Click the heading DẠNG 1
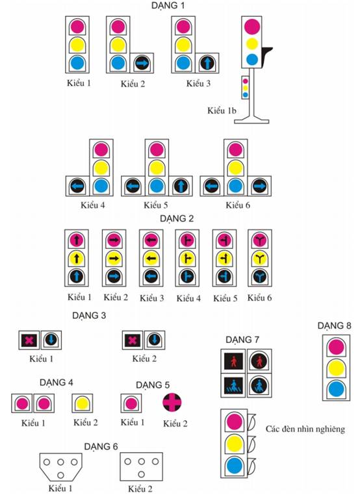(x=168, y=6)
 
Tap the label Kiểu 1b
(x=222, y=110)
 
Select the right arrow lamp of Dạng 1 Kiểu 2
(x=142, y=63)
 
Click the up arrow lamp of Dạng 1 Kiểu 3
(x=207, y=63)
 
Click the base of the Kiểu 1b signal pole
(x=251, y=121)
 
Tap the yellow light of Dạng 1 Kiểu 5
(x=157, y=168)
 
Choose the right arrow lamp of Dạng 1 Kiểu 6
(x=259, y=186)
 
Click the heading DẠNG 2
(x=177, y=218)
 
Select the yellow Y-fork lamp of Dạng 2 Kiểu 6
(x=260, y=259)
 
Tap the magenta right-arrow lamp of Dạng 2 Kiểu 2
(x=114, y=240)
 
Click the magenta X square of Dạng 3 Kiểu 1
(x=29, y=340)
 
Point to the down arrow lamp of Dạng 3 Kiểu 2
(x=155, y=340)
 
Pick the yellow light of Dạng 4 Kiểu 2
(x=82, y=403)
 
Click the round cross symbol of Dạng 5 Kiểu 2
(x=172, y=402)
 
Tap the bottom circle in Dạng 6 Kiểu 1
(x=60, y=475)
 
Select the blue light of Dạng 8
(x=336, y=389)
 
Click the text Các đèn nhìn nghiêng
(x=305, y=429)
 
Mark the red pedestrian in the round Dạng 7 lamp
(x=259, y=361)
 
